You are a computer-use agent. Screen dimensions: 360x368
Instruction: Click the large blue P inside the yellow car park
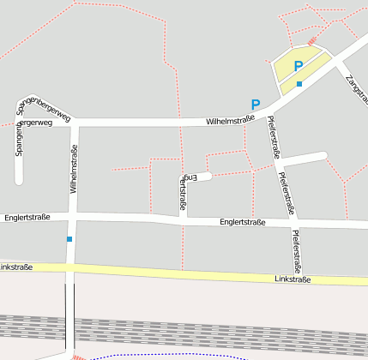tap(298, 66)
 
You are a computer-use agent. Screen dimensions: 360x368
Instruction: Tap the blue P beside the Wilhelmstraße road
tap(255, 105)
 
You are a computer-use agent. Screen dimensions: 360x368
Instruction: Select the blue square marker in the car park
tap(299, 84)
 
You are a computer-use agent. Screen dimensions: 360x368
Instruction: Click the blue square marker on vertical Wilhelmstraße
tap(69, 239)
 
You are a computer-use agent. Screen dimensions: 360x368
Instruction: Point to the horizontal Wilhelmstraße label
tap(230, 121)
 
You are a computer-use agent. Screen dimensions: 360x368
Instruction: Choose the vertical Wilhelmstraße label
tap(75, 168)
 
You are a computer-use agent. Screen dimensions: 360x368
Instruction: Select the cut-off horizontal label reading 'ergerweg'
tap(34, 123)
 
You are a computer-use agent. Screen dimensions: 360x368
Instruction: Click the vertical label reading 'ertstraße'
tap(183, 195)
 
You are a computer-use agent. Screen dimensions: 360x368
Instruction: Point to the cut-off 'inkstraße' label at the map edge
tap(16, 267)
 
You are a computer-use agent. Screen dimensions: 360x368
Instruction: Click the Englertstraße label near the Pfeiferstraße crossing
tap(243, 222)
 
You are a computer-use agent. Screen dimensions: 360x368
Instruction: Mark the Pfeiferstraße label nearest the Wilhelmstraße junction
tap(274, 137)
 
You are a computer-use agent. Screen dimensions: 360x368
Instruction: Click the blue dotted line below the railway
tap(163, 354)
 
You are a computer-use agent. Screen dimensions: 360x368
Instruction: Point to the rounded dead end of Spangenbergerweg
tap(19, 180)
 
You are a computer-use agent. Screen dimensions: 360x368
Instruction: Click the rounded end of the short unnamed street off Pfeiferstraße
tap(323, 156)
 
